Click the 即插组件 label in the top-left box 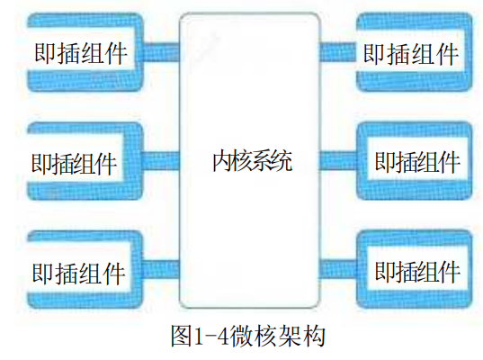[81, 53]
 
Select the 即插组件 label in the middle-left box [74, 164]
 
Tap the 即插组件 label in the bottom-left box [79, 274]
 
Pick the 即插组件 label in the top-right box [411, 54]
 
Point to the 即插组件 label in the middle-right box [417, 162]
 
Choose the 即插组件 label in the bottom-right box [417, 272]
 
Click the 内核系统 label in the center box [252, 160]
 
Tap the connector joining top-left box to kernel [161, 52]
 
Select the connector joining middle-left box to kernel [161, 160]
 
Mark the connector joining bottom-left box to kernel [161, 269]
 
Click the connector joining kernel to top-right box [338, 52]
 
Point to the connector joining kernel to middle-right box [338, 160]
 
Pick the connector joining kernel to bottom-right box [338, 269]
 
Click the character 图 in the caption [182, 336]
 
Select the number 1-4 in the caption [211, 337]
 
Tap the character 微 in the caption [240, 336]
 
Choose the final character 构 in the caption [313, 336]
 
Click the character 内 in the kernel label [222, 160]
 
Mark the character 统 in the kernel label [282, 160]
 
